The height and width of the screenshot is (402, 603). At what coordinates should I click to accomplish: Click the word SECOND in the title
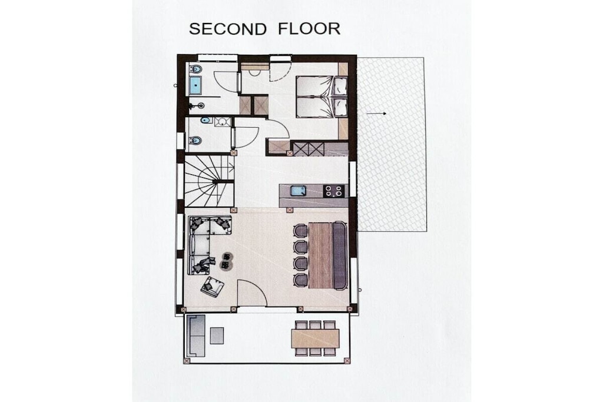point(228,29)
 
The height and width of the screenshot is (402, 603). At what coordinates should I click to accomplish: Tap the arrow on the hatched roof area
point(376,114)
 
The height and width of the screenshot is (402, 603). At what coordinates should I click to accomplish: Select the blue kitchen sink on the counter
point(298,191)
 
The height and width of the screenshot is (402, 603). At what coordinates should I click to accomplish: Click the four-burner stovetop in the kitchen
point(333,191)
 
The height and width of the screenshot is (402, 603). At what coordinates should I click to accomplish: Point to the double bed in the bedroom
point(322,96)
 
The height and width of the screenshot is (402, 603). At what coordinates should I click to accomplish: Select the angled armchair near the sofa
point(212,286)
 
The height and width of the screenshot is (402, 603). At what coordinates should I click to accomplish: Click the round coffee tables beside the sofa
point(227,261)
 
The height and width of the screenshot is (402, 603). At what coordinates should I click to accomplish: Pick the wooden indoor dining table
point(320,255)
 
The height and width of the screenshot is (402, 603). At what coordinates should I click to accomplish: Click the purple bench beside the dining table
point(340,255)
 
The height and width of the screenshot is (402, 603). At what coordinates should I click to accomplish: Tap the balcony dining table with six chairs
point(316,338)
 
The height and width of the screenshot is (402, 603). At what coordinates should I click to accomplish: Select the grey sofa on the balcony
point(196,335)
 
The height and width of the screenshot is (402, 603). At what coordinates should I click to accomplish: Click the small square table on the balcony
point(217,335)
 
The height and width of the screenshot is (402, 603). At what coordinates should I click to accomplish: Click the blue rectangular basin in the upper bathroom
point(195,85)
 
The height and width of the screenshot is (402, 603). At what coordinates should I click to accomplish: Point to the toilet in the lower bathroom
point(196,141)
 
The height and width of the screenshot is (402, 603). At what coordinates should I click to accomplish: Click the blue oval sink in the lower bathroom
point(206,121)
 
